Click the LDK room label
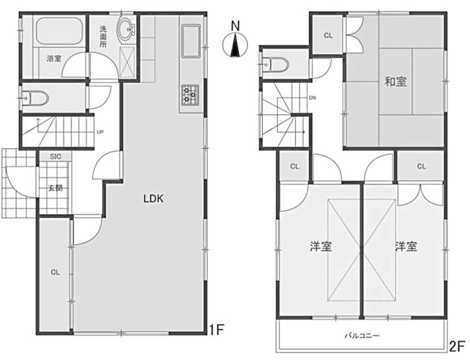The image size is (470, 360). (x=153, y=198)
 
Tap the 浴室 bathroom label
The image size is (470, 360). (x=54, y=59)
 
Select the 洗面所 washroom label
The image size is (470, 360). (x=103, y=37)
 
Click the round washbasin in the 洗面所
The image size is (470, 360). (x=127, y=29)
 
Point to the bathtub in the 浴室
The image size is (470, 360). (x=59, y=31)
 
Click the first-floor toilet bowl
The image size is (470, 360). (x=36, y=98)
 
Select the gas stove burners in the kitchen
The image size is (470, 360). (x=189, y=95)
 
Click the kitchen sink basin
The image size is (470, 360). (x=191, y=41)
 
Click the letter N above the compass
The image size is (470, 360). (x=236, y=26)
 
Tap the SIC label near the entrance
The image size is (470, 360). (x=55, y=156)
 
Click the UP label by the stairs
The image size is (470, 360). (x=100, y=131)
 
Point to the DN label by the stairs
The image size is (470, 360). (x=312, y=98)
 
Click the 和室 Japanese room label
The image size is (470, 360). (x=396, y=82)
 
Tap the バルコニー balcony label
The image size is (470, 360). (x=362, y=335)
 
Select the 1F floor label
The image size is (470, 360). (x=216, y=330)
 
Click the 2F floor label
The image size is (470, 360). (x=457, y=346)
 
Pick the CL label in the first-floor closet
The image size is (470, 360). (x=55, y=272)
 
